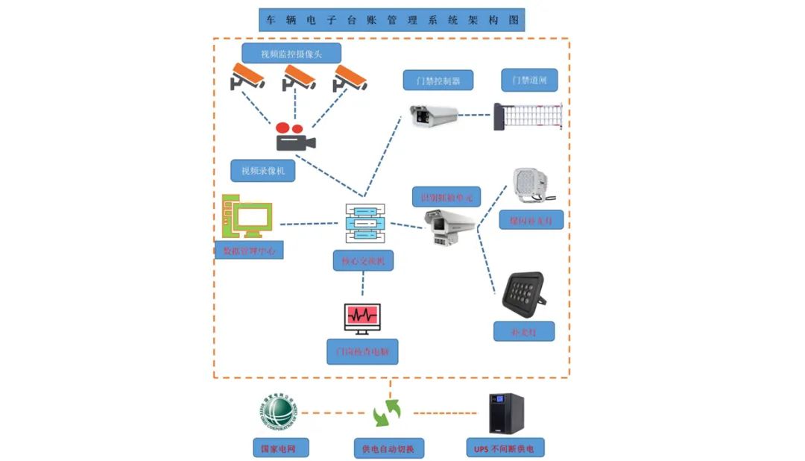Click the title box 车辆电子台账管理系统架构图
[x=391, y=20]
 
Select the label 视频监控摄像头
[x=291, y=53]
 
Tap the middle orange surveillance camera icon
[x=299, y=77]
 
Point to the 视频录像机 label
[x=263, y=171]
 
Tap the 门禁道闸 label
[x=529, y=80]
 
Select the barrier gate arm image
[x=531, y=116]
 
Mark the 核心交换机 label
[x=363, y=260]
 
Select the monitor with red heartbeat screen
[x=362, y=319]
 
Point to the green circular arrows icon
[x=388, y=413]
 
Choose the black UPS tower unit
[x=506, y=413]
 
